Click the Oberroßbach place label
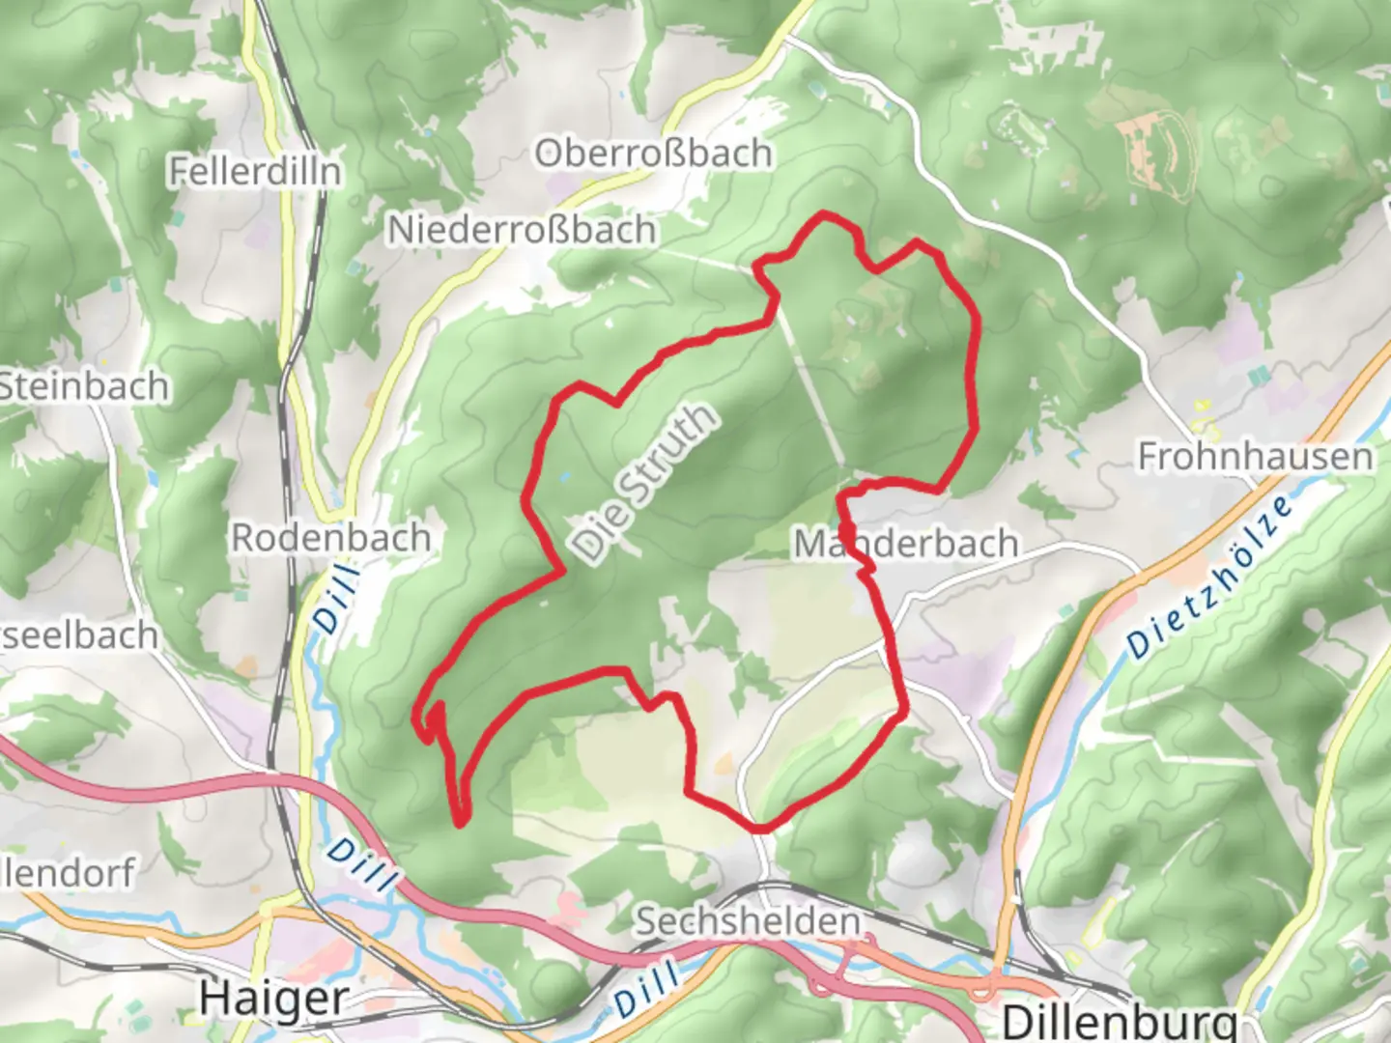pyautogui.click(x=654, y=154)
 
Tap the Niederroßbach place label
pyautogui.click(x=523, y=230)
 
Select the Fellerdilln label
pyautogui.click(x=255, y=172)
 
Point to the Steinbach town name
pyautogui.click(x=84, y=386)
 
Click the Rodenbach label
pyautogui.click(x=330, y=538)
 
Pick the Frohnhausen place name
pyautogui.click(x=1255, y=456)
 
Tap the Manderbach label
pyautogui.click(x=906, y=544)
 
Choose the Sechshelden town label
pyautogui.click(x=747, y=920)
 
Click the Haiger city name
pyautogui.click(x=274, y=999)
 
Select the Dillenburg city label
pyautogui.click(x=1120, y=1021)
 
